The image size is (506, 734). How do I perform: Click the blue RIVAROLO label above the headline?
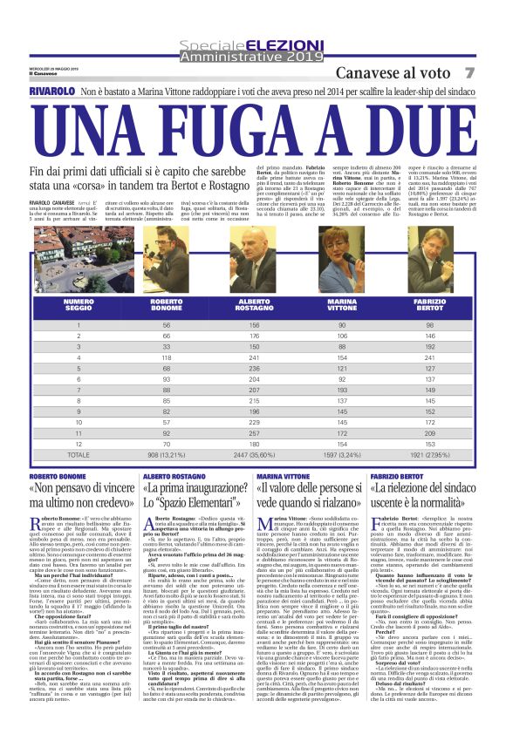[51, 91]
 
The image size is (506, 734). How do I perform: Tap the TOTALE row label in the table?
[79, 454]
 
